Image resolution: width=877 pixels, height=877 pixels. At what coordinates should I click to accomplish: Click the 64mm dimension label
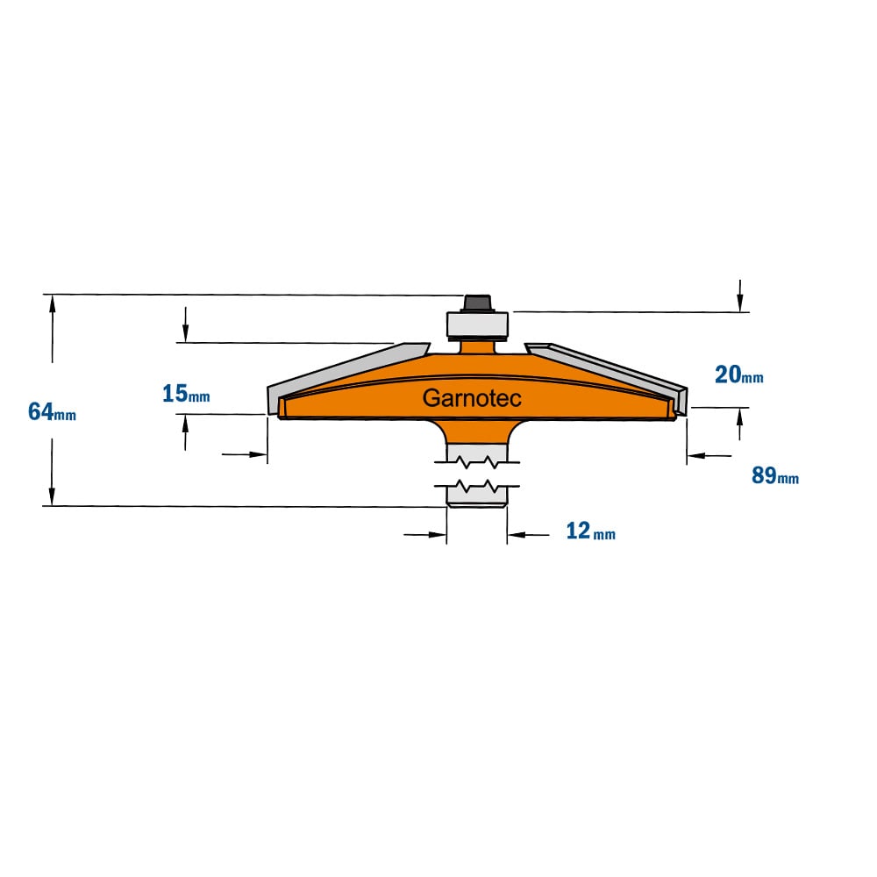[52, 412]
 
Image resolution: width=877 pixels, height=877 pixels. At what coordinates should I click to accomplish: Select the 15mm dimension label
[186, 394]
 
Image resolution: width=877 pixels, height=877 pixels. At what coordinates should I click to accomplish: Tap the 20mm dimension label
[738, 374]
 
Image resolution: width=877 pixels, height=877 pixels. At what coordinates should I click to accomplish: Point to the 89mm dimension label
[775, 475]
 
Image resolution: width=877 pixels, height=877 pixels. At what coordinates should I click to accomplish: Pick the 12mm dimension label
[590, 531]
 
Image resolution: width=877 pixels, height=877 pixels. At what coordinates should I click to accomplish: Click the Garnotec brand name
[472, 398]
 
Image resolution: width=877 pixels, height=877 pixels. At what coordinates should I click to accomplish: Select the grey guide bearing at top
[478, 325]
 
